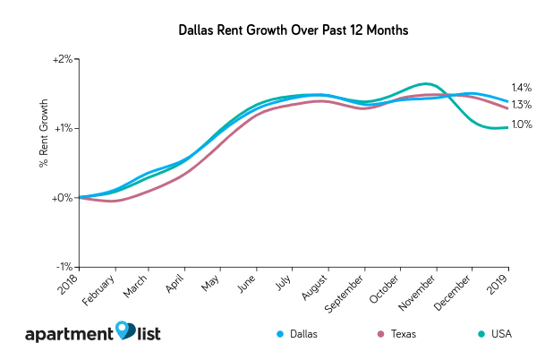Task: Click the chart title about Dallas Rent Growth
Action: point(272,30)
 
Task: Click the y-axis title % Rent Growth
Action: point(42,140)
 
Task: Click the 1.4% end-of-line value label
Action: point(522,88)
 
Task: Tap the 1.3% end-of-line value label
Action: point(522,105)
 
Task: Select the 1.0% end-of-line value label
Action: point(522,124)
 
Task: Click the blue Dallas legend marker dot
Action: point(281,333)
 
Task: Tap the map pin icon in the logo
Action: point(125,330)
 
